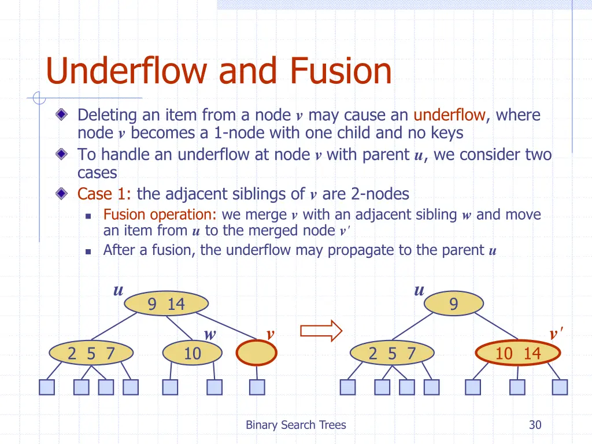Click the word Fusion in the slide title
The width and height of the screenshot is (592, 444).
click(341, 72)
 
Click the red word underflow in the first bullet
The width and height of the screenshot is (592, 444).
click(449, 115)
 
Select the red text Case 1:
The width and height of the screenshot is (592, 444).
click(105, 194)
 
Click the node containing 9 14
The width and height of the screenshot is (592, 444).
click(166, 304)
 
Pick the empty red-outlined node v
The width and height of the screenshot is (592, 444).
click(257, 353)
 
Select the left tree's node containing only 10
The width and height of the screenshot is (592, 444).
click(192, 353)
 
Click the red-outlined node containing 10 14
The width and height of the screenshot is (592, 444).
click(517, 353)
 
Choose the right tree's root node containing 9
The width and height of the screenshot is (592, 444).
click(453, 304)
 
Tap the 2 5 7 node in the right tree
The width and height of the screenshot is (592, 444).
click(392, 353)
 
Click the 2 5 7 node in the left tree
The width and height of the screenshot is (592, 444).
click(91, 353)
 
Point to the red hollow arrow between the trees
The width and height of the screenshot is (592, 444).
click(321, 331)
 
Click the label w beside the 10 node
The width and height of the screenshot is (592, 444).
click(210, 334)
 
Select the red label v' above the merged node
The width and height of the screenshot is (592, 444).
click(556, 334)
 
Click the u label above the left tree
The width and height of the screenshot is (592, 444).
click(118, 290)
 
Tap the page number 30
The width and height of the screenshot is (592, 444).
click(535, 425)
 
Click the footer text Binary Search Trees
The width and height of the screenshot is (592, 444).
click(295, 425)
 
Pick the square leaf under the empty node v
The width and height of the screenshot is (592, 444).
click(257, 387)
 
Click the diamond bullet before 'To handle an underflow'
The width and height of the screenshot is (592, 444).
click(62, 155)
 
